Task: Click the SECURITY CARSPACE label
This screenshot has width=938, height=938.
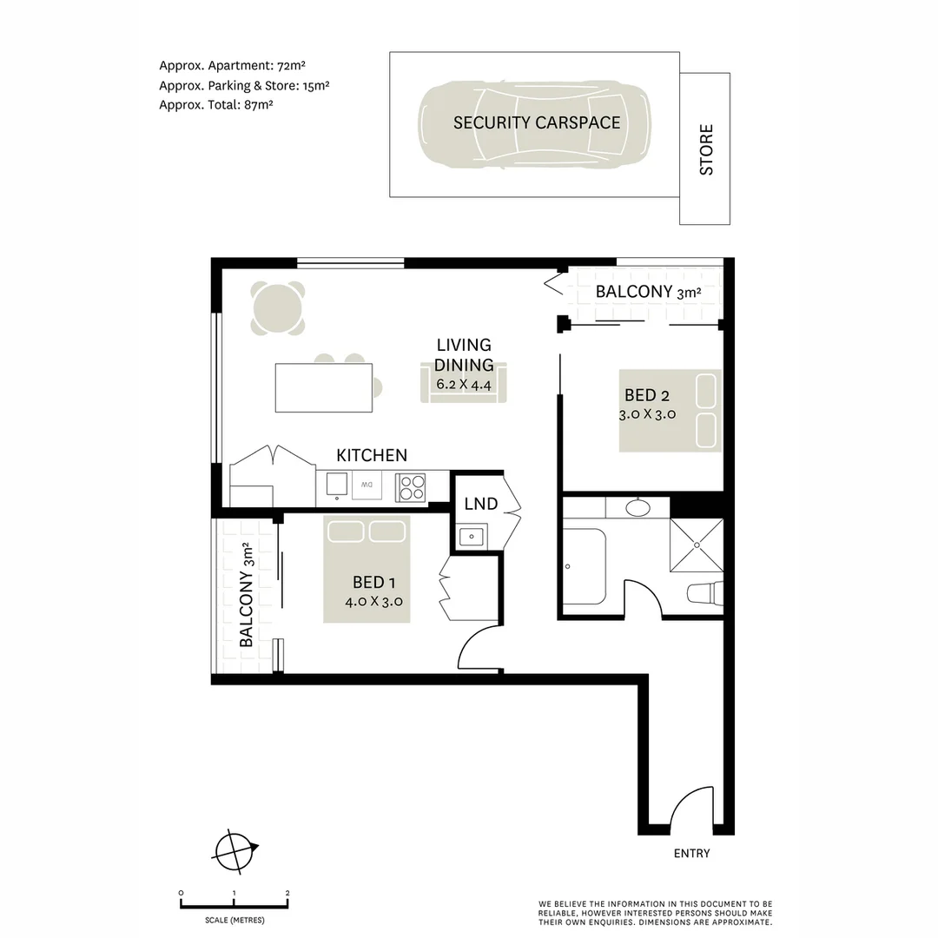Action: pos(536,122)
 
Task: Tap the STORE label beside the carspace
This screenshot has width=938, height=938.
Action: pos(705,149)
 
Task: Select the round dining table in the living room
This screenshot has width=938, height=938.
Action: pos(278,308)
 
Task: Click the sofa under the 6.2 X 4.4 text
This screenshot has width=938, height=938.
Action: pos(464,386)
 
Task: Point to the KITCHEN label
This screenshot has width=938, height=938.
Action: pos(371,455)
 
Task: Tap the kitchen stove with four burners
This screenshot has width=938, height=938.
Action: pos(411,487)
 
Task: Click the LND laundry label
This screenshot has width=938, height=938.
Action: pos(480,504)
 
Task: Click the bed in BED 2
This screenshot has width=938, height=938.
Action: pos(670,411)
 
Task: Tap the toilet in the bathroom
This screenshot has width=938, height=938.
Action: pos(704,594)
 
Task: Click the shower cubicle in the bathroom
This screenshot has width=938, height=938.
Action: pos(696,545)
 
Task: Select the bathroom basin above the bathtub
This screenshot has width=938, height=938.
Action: pos(638,507)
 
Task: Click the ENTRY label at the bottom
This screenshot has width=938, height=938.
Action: pos(691,853)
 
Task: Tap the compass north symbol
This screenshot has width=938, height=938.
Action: pos(235,850)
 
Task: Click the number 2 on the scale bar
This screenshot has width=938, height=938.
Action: pos(287,893)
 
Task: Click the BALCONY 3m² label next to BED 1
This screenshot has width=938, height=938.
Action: pos(247,595)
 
